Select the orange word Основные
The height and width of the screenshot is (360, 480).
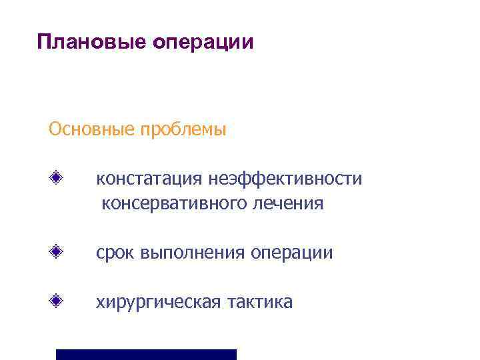coord(91,128)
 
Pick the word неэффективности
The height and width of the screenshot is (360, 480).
coord(285,179)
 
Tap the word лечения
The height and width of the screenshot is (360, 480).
coord(288,203)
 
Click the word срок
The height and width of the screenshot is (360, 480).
coord(115,253)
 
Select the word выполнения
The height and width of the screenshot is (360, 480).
coord(193,253)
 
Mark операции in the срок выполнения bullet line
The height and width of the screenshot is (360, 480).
coord(293,253)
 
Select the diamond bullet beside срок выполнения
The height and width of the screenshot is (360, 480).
coord(59,252)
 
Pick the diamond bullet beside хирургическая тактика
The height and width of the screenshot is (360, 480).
coord(59,301)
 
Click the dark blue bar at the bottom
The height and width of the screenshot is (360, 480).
coord(146,354)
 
